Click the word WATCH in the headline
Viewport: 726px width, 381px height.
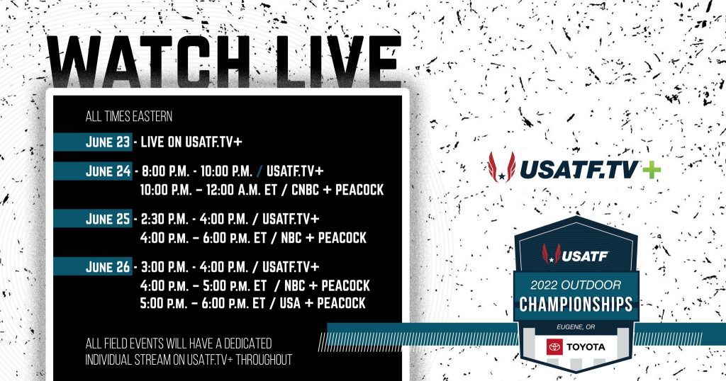pyautogui.click(x=149, y=61)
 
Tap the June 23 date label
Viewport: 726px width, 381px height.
pyautogui.click(x=108, y=142)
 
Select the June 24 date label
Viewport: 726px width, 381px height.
pyautogui.click(x=108, y=171)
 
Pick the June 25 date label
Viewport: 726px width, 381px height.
pyautogui.click(x=108, y=219)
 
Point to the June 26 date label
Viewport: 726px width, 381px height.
pyautogui.click(x=108, y=267)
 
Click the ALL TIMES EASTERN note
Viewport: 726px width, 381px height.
pyautogui.click(x=129, y=116)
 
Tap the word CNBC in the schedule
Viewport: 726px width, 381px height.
pyautogui.click(x=305, y=190)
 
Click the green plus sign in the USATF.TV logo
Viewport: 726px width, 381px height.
pyautogui.click(x=651, y=170)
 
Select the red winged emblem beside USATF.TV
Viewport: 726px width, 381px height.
pyautogui.click(x=501, y=167)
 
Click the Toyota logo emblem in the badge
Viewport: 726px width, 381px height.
pyautogui.click(x=554, y=347)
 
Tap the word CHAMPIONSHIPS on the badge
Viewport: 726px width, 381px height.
pyautogui.click(x=576, y=305)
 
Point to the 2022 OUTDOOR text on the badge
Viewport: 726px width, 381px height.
pyautogui.click(x=576, y=285)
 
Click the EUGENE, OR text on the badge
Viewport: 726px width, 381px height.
pyautogui.click(x=576, y=327)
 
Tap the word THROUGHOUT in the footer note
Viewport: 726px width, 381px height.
pyautogui.click(x=264, y=360)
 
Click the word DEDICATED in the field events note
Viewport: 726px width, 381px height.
pyautogui.click(x=247, y=343)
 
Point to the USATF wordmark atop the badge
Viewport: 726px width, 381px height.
pyautogui.click(x=585, y=256)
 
